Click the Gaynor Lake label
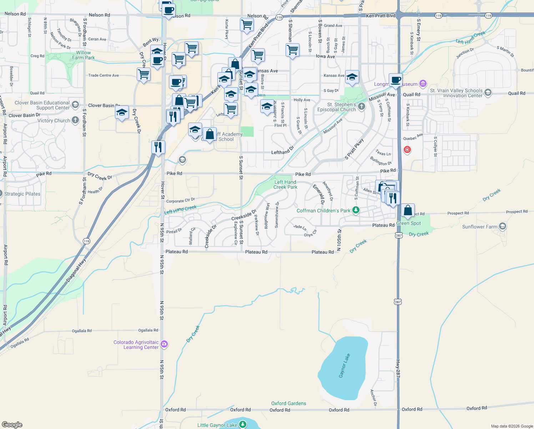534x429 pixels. click(x=344, y=366)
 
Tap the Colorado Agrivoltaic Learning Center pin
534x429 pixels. click(x=164, y=344)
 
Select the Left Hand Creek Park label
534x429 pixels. click(x=285, y=184)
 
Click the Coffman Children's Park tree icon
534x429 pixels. click(x=356, y=210)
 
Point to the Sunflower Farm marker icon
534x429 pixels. click(x=503, y=226)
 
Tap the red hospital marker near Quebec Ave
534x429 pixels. click(x=407, y=149)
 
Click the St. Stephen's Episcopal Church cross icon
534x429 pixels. click(x=361, y=107)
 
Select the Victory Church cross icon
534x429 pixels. click(x=75, y=120)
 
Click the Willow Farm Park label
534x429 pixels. click(x=83, y=55)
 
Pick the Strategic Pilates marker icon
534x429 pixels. click(x=1, y=194)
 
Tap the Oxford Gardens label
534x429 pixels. click(x=288, y=403)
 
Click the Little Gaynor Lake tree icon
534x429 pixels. click(x=243, y=424)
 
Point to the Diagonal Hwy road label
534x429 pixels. click(x=76, y=271)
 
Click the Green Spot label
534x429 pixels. click(x=408, y=223)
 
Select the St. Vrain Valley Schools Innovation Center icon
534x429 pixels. click(x=488, y=93)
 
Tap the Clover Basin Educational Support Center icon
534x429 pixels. click(x=75, y=105)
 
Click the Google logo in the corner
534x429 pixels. click(x=12, y=424)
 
